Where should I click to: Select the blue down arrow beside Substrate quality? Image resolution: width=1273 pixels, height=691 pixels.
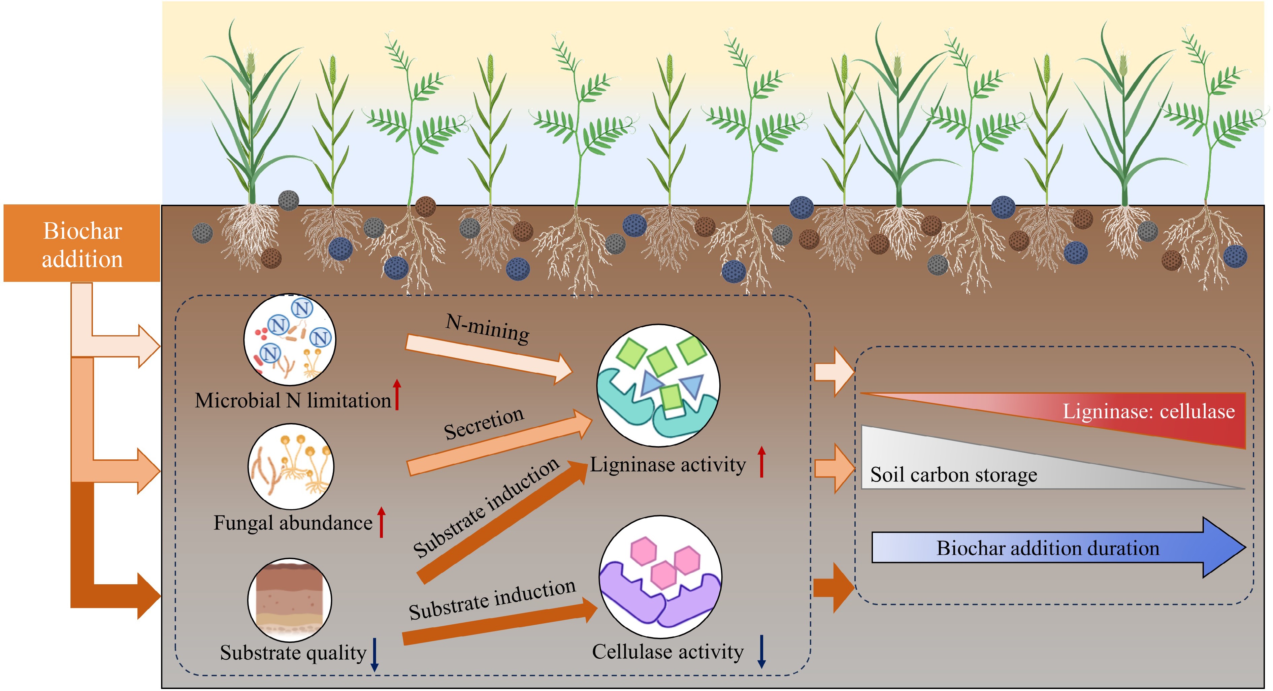374,654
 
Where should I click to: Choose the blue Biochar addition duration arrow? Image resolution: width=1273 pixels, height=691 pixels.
1057,548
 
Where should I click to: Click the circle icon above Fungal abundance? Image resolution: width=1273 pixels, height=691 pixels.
291,466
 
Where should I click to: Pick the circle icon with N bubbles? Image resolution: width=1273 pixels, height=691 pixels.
290,340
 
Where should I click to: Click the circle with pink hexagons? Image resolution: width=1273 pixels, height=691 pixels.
660,577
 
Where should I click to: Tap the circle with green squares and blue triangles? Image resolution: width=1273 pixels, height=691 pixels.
658,386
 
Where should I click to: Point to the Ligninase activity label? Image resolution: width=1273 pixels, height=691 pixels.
667,465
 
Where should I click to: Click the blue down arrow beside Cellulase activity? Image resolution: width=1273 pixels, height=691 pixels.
761,652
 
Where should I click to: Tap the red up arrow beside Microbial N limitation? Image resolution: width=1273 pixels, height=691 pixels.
397,394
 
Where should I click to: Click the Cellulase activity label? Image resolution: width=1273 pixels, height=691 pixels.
667,652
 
